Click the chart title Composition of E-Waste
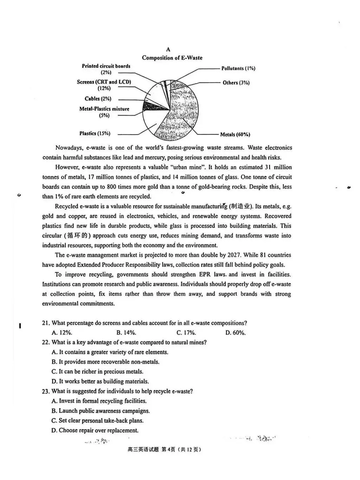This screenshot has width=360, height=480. pos(172,58)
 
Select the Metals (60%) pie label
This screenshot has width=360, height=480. pos(235,134)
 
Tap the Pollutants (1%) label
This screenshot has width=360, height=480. pos(238,68)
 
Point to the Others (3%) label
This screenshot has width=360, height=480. pos(236,83)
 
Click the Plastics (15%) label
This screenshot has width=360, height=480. pos(95,133)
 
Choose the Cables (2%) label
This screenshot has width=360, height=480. pos(98,99)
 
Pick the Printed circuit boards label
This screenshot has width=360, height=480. pos(106,66)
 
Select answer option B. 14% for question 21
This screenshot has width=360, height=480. pos(126,333)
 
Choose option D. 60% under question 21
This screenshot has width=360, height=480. pos(236,333)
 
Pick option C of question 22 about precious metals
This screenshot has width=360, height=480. pos(97,372)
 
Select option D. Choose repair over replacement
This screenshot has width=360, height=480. pos(95,430)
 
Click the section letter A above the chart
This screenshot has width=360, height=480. pos(168,50)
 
